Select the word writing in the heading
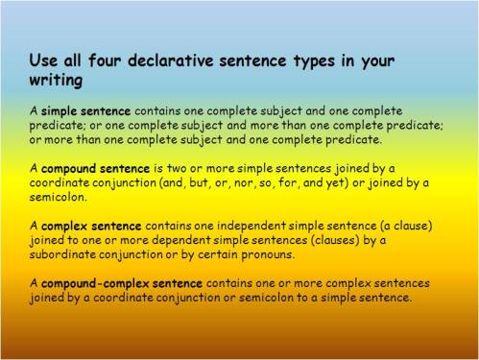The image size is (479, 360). (55, 82)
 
